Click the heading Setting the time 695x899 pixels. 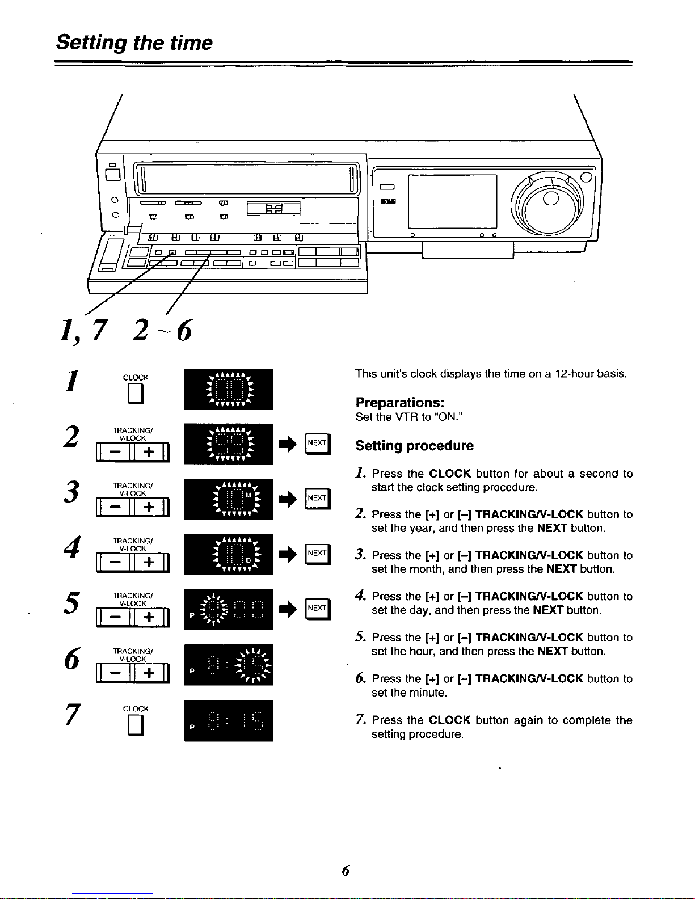pos(134,43)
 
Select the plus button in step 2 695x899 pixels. pos(149,452)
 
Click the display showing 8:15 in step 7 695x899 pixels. pos(229,721)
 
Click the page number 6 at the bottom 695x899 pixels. pos(346,871)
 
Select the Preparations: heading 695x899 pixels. pos(399,403)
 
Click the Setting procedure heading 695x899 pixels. pos(414,446)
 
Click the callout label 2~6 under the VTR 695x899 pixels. pos(162,330)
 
